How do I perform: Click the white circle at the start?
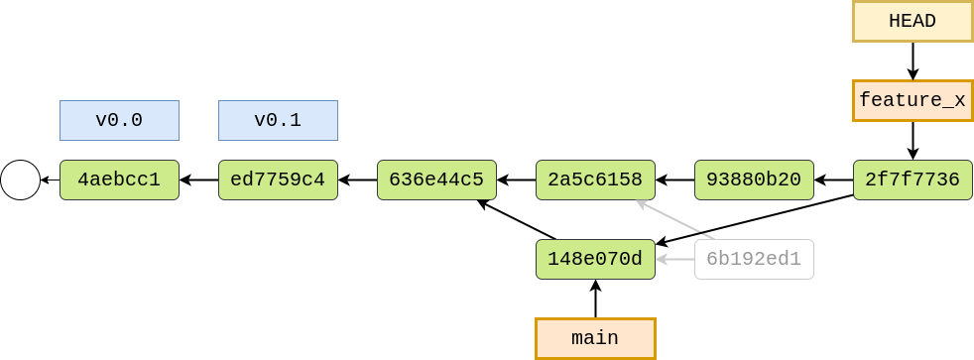coord(20,180)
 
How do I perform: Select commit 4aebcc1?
coord(119,180)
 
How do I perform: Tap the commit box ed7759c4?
coord(278,180)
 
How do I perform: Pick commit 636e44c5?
coord(436,180)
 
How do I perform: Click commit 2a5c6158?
coord(595,180)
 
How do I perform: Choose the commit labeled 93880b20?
coord(754,180)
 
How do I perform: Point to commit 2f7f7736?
coord(913,180)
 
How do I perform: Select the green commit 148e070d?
coord(595,260)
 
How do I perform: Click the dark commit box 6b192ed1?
coord(754,260)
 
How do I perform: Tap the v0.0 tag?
coord(119,121)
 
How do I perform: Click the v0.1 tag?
coord(278,121)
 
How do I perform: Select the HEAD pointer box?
coord(913,22)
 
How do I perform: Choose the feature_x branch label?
coord(913,101)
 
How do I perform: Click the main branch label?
coord(595,339)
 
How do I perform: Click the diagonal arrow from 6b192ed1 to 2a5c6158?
coord(674,220)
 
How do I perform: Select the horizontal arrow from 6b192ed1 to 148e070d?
coord(675,260)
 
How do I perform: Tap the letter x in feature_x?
coord(960,101)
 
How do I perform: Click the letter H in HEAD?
coord(895,22)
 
